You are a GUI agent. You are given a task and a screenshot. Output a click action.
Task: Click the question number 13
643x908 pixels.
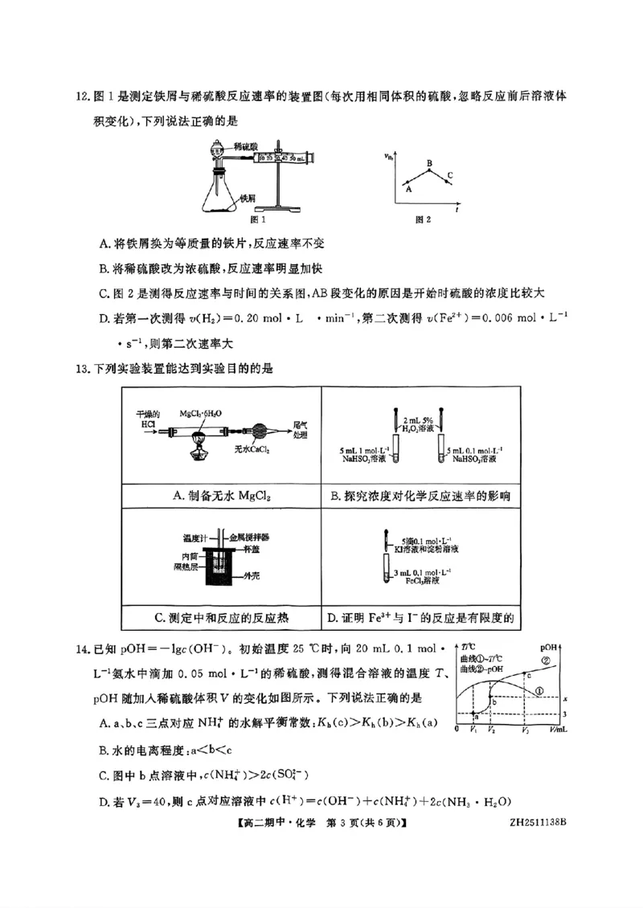pyautogui.click(x=83, y=369)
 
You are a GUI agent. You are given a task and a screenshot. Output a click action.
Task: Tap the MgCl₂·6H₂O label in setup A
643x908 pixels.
pyautogui.click(x=201, y=413)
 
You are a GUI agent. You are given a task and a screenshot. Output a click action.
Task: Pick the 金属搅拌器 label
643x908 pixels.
pyautogui.click(x=249, y=536)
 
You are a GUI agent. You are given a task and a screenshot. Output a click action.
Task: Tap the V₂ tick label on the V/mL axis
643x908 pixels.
pyautogui.click(x=490, y=730)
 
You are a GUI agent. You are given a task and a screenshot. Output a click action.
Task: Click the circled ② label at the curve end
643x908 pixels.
pyautogui.click(x=546, y=661)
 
